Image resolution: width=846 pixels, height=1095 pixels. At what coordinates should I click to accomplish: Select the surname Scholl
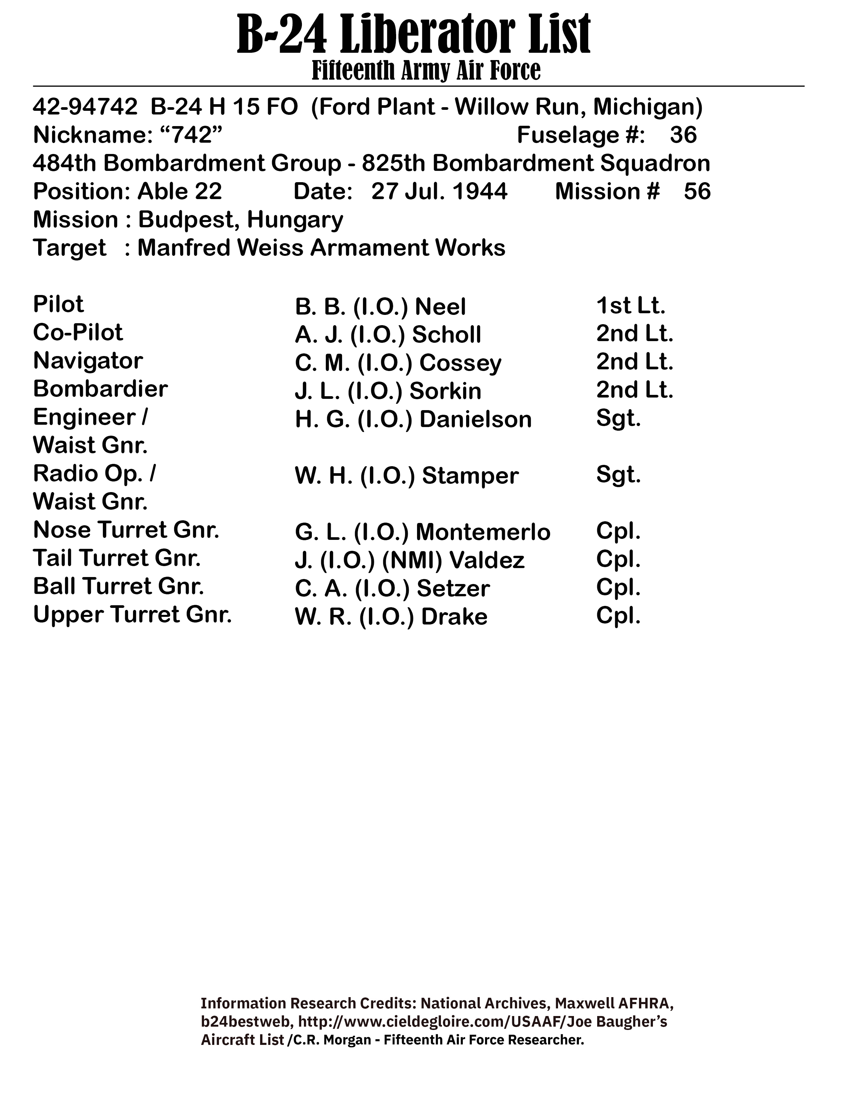tap(446, 334)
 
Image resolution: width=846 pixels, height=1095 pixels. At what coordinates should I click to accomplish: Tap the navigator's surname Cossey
tap(460, 363)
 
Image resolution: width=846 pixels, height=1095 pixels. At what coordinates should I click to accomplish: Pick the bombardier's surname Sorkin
tap(445, 391)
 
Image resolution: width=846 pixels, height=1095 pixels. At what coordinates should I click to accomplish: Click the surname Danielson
tap(475, 419)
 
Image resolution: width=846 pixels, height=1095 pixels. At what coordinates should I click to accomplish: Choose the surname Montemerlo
tap(483, 532)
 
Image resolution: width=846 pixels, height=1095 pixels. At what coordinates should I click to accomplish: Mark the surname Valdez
tap(487, 560)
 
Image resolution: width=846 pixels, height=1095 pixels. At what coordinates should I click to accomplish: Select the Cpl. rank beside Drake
tap(618, 615)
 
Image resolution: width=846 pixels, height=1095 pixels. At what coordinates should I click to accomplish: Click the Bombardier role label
tap(100, 389)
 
